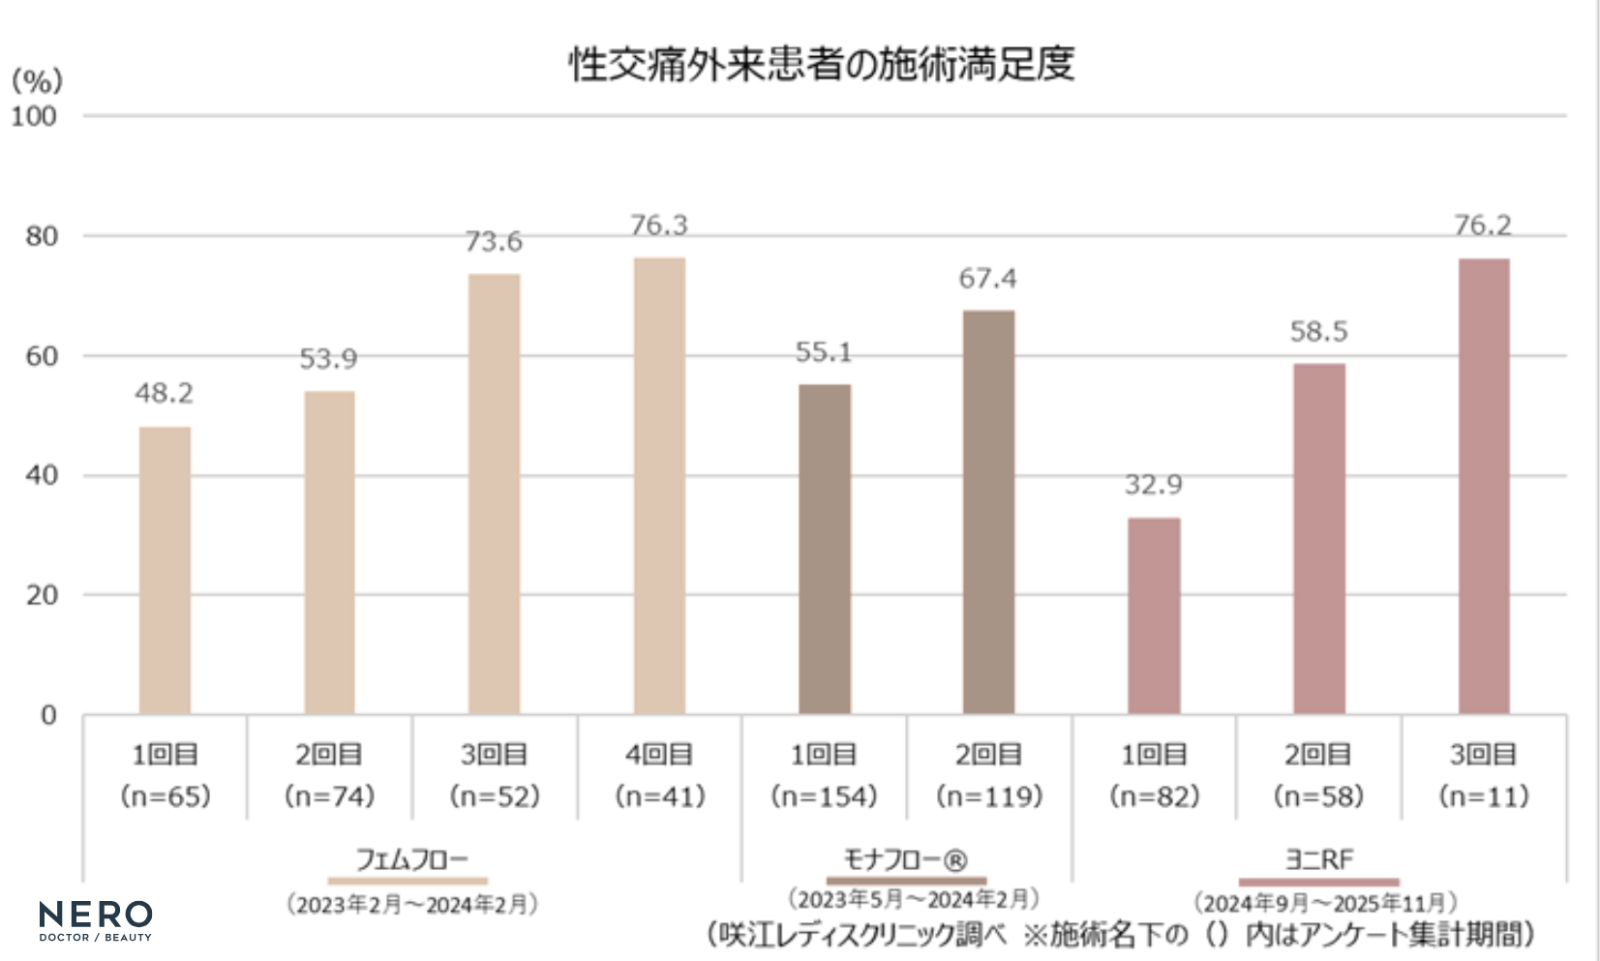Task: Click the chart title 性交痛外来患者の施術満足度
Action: pos(821,64)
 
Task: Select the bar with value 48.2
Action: pos(165,570)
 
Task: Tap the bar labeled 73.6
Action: pos(494,494)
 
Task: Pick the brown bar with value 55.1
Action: pos(825,549)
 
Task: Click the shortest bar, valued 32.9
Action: pos(1154,616)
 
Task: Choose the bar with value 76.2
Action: pos(1483,486)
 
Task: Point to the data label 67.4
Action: pos(987,279)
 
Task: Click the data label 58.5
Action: pos(1318,332)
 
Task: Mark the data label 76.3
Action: pos(659,225)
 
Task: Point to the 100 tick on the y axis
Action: pos(34,116)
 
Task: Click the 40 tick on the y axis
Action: pos(41,475)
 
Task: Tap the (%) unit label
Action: pos(37,79)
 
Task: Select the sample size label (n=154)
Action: pos(824,796)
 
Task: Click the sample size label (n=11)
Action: pos(1483,796)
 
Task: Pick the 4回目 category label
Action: pos(659,754)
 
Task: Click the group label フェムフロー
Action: pos(411,858)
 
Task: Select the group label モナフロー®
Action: pos(905,858)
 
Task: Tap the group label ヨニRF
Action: pos(1318,858)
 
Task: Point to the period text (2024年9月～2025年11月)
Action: pos(1324,903)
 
